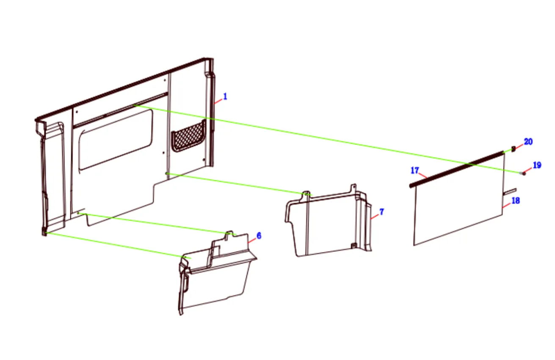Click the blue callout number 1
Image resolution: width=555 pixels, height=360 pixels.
point(225,96)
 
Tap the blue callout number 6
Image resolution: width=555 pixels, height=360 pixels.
point(259,236)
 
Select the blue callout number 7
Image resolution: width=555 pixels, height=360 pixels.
point(381,212)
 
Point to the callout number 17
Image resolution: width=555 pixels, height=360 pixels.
point(415,170)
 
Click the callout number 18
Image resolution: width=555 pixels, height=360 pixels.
point(516,201)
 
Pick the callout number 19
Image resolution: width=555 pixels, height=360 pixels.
point(537,165)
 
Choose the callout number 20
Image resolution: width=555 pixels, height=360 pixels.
point(528,142)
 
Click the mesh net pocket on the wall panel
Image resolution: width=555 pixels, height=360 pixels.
point(188,136)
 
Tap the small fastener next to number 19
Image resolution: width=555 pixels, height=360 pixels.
point(524,173)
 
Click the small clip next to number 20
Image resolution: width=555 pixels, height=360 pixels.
point(514,149)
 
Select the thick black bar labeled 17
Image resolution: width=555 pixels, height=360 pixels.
point(457,169)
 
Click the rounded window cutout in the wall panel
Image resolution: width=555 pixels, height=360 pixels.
point(116,140)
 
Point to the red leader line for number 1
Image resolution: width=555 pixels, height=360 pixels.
point(218,101)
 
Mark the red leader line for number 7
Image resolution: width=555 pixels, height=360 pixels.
point(375,217)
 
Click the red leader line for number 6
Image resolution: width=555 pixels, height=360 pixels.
point(252,240)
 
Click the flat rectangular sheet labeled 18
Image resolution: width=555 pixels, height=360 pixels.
point(459,200)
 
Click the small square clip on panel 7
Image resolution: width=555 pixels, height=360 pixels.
point(353,245)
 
